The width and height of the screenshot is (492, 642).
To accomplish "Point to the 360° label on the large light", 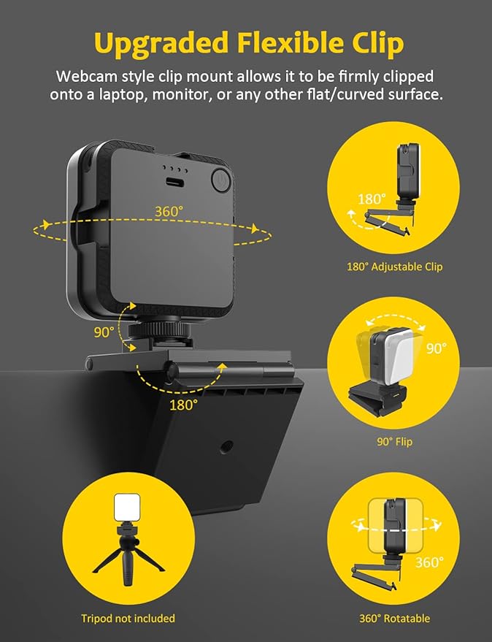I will pos(169,212).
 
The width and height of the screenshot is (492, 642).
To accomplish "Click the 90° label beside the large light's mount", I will pos(104,332).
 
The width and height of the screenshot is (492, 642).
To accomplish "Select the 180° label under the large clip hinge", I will pos(183,404).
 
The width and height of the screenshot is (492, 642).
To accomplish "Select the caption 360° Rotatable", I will pos(394,619).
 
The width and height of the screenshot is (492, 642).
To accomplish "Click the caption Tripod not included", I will pos(128,619).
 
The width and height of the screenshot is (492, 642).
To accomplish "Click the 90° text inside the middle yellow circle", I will pos(436,348).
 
